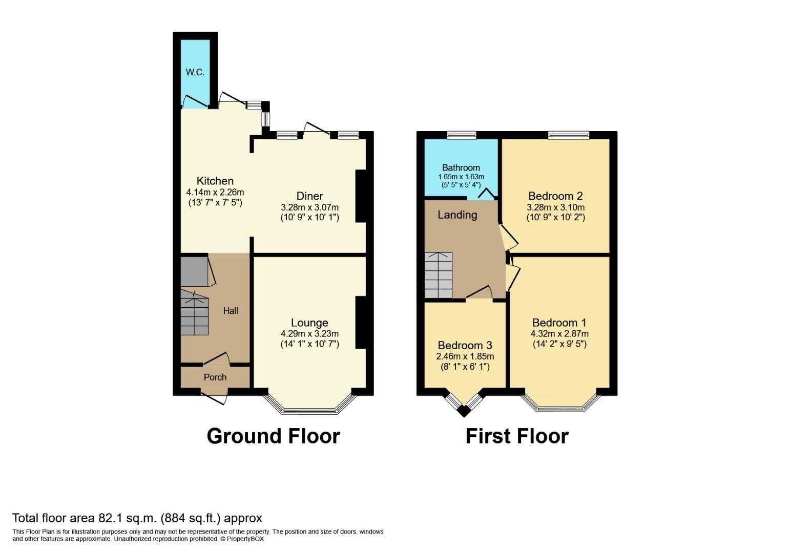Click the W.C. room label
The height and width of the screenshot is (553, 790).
(x=195, y=72)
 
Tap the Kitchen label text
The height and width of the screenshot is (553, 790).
(x=215, y=181)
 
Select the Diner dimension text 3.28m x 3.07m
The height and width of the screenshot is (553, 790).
(x=309, y=207)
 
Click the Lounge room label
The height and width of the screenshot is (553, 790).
(x=309, y=323)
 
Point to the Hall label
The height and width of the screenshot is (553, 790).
(x=231, y=311)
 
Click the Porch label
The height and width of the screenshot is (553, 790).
(x=215, y=377)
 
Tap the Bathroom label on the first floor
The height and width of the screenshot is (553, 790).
(x=461, y=167)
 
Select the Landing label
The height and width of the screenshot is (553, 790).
(x=457, y=215)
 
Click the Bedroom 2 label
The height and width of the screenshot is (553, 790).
(x=555, y=196)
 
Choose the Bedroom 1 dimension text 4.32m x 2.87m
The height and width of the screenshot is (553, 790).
(x=559, y=334)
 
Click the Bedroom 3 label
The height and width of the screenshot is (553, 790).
(x=465, y=346)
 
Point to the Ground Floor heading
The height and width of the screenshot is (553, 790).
(x=273, y=436)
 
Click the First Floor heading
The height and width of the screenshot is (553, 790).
(x=517, y=436)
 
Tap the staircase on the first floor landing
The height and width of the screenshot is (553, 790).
(x=438, y=275)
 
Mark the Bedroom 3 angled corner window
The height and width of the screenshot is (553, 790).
(x=464, y=405)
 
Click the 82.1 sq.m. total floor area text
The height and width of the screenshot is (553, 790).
(x=137, y=518)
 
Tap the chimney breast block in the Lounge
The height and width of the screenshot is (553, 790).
(x=361, y=323)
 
